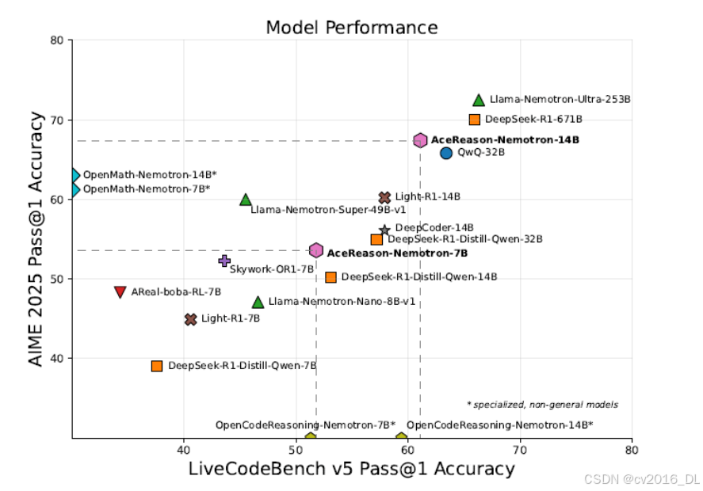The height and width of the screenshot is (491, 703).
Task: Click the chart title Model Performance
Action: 352,28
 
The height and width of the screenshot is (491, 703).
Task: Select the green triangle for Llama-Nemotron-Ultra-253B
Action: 479,101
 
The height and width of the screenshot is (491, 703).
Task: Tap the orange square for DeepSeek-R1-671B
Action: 474,120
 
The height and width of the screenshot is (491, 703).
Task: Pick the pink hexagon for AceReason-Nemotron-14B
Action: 420,141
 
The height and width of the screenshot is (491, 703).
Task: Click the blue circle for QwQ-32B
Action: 446,153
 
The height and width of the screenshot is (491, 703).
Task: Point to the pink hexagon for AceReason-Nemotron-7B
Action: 316,250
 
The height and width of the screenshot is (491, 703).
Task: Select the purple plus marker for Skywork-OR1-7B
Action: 224,261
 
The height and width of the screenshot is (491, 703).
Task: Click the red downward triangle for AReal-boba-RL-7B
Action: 120,291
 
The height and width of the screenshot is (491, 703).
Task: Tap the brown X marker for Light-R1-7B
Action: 190,319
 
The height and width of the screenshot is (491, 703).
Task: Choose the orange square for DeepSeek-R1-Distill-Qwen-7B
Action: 156,366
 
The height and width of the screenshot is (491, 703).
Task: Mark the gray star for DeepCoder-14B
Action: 384,230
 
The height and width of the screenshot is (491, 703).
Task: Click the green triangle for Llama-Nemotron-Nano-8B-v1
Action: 258,303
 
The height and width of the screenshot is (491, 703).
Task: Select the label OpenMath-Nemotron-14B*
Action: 150,175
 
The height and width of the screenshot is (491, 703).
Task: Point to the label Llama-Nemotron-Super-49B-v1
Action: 328,210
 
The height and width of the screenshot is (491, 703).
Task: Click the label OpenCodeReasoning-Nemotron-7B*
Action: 305,424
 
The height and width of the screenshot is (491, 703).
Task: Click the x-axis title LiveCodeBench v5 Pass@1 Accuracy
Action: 352,469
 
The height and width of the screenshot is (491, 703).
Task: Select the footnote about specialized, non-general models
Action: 542,405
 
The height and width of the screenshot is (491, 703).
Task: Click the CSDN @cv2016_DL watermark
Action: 642,479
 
